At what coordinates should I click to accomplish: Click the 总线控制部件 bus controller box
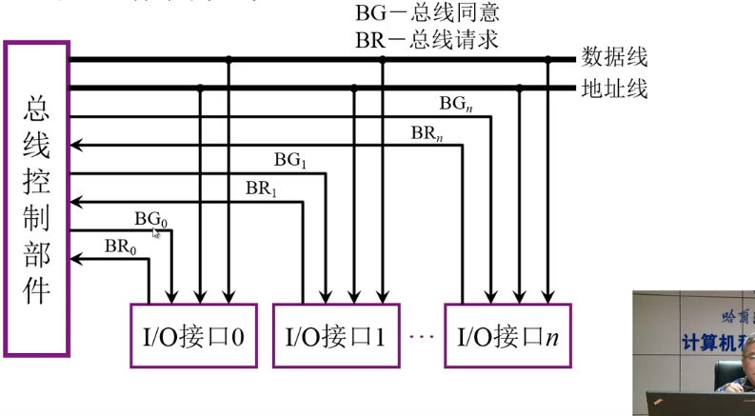[37, 198]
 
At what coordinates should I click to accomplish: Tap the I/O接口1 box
[335, 335]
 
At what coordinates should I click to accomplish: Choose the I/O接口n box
[507, 335]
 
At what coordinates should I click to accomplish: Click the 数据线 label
[614, 59]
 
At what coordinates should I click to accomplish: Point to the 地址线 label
[614, 89]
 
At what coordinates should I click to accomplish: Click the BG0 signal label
[150, 219]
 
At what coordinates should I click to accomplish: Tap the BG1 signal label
[290, 161]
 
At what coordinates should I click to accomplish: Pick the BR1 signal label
[261, 188]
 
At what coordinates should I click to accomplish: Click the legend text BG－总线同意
[427, 14]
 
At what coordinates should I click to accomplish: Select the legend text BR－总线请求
[427, 41]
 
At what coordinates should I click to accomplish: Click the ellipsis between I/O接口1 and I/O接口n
[420, 336]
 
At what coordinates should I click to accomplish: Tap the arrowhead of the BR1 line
[78, 202]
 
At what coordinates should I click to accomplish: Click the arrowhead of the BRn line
[78, 145]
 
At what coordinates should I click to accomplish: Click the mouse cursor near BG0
[156, 233]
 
